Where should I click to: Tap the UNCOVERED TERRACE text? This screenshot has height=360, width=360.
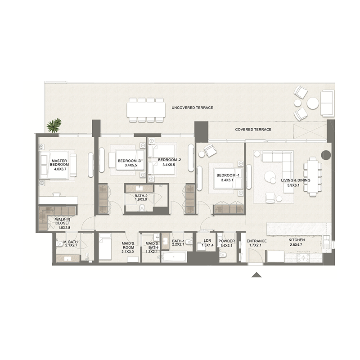[x=192, y=108]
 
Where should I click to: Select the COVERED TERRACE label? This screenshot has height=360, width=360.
[x=253, y=130]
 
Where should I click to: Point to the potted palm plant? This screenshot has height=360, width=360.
[x=54, y=125]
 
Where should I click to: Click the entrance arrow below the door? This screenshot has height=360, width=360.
[x=256, y=275]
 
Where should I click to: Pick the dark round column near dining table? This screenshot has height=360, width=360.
[x=326, y=156]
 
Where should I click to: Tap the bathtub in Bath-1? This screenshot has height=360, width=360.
[x=173, y=257]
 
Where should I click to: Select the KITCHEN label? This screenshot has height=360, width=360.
[x=297, y=240]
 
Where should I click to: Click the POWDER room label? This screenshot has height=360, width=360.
[x=227, y=241]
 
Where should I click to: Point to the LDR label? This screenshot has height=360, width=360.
[x=207, y=241]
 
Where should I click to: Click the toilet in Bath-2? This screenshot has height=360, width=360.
[x=142, y=207]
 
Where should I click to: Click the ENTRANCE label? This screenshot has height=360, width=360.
[x=257, y=241]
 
